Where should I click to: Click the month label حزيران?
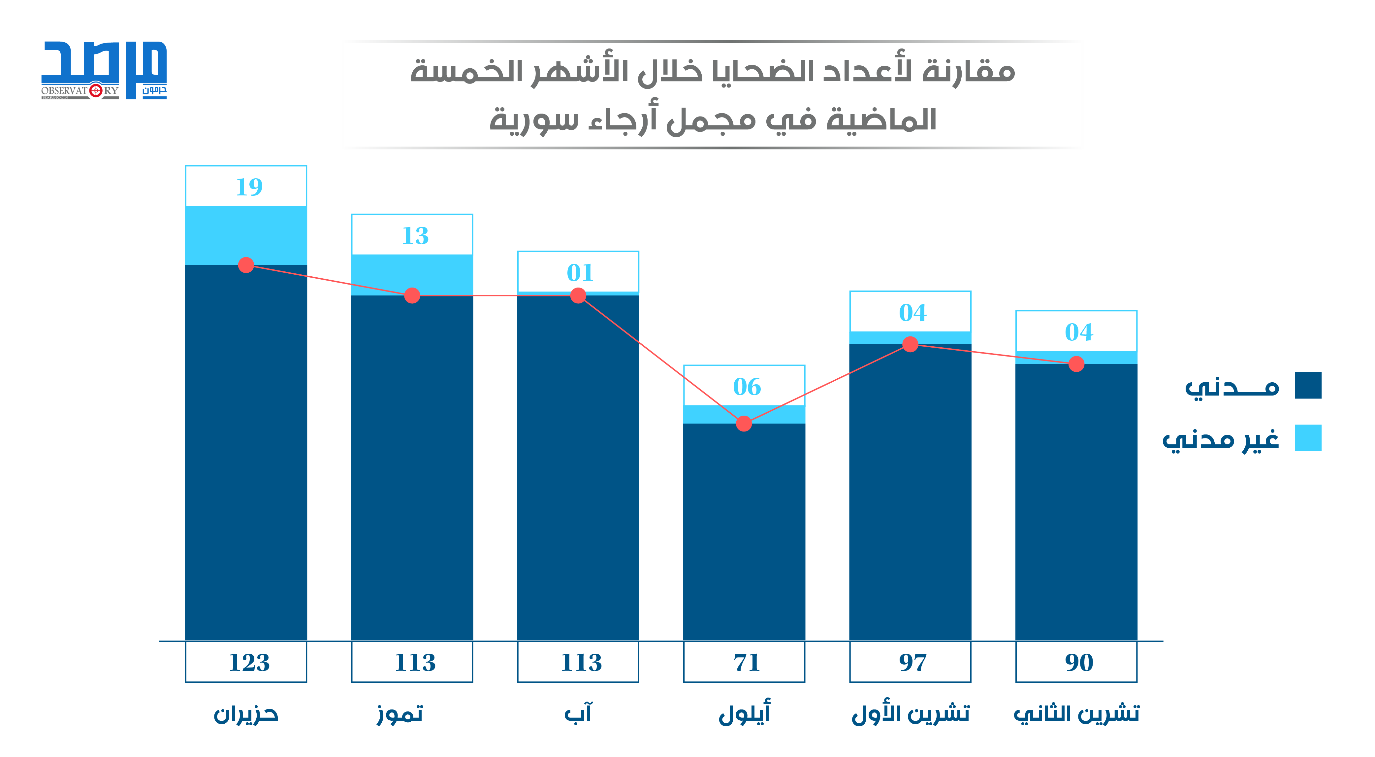pyautogui.click(x=246, y=714)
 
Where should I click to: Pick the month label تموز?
pyautogui.click(x=400, y=714)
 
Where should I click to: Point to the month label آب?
pyautogui.click(x=578, y=713)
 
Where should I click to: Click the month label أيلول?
pyautogui.click(x=745, y=713)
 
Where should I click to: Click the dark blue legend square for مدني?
pyautogui.click(x=1308, y=385)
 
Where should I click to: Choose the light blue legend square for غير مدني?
pyautogui.click(x=1308, y=438)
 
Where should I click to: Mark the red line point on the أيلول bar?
pyautogui.click(x=744, y=424)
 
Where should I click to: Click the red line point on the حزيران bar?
pyautogui.click(x=245, y=265)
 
